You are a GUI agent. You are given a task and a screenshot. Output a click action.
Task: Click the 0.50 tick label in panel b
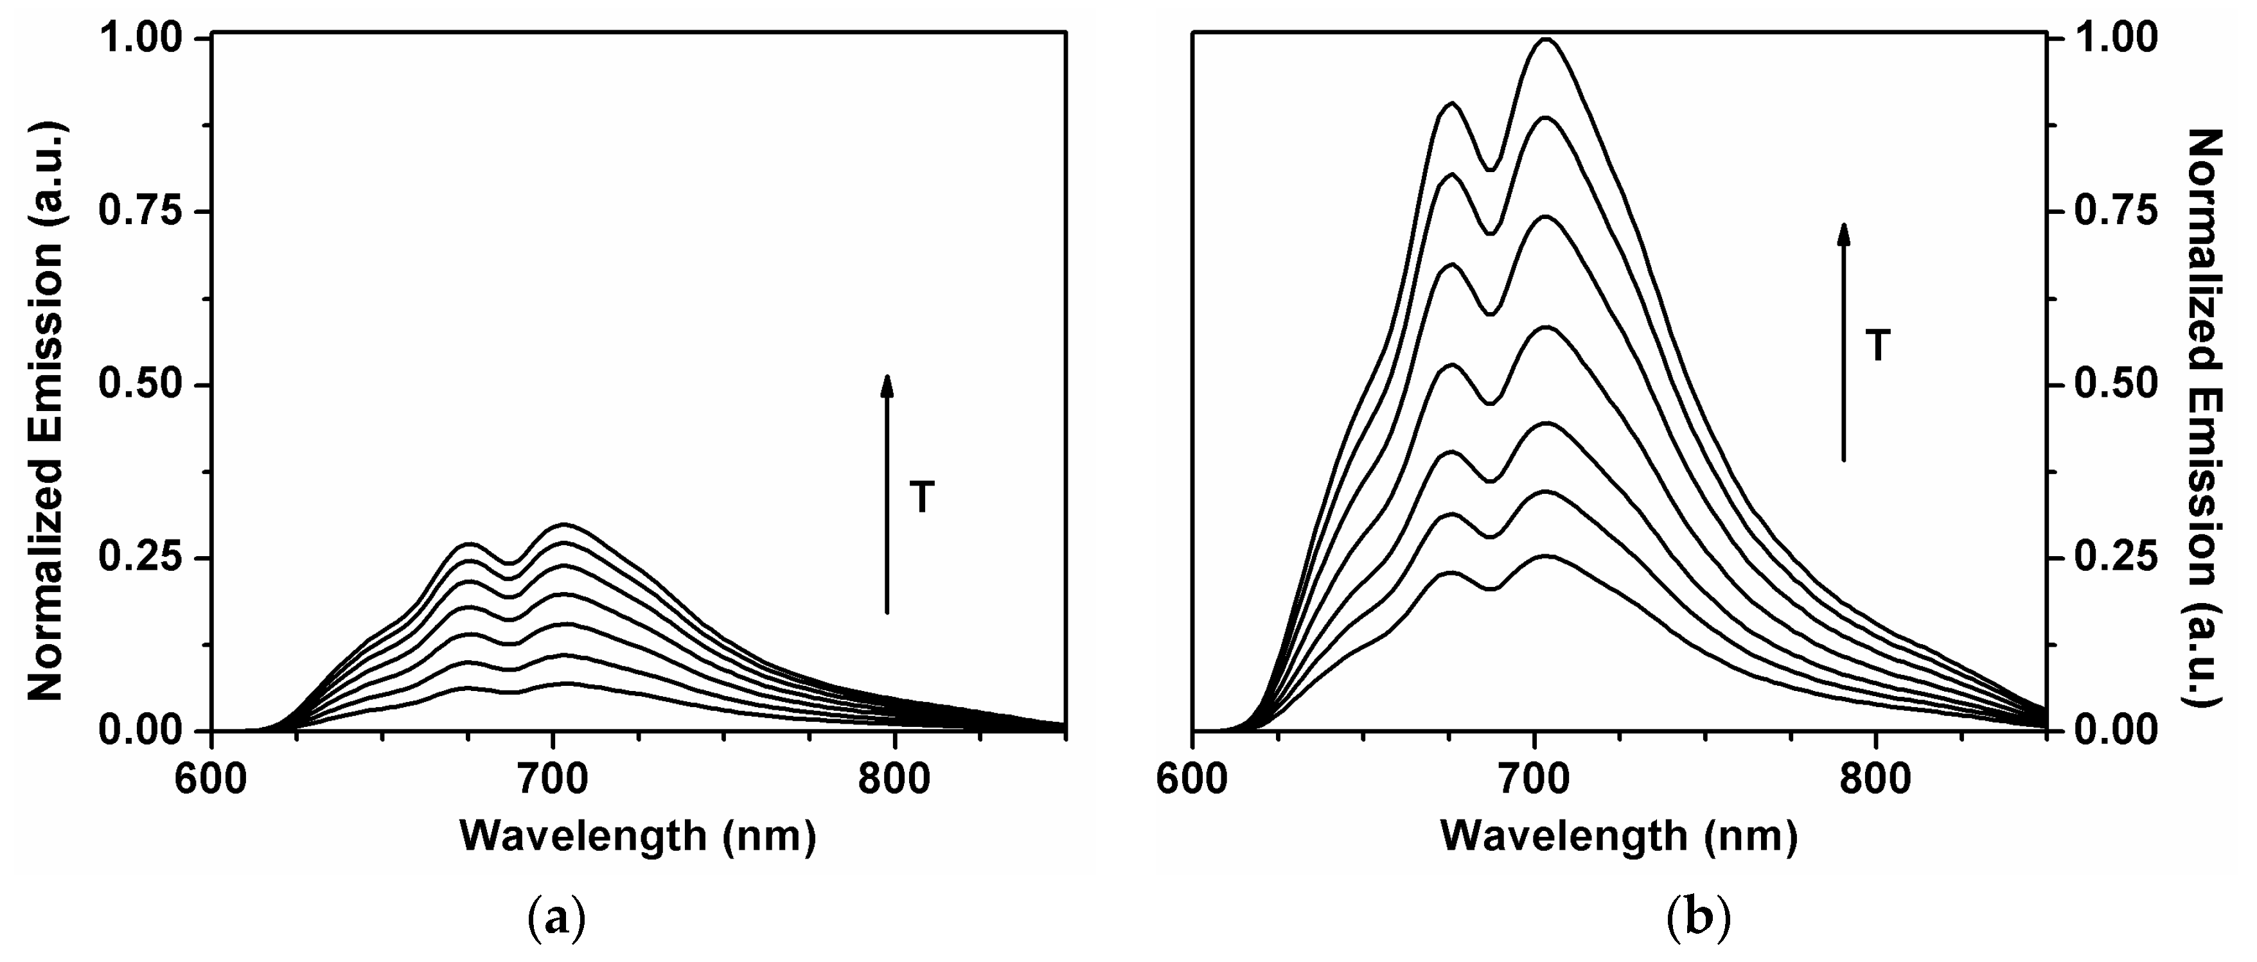click(2112, 385)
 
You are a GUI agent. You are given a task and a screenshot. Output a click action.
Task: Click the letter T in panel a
click(922, 498)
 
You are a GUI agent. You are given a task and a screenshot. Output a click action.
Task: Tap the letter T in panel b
click(1877, 347)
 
